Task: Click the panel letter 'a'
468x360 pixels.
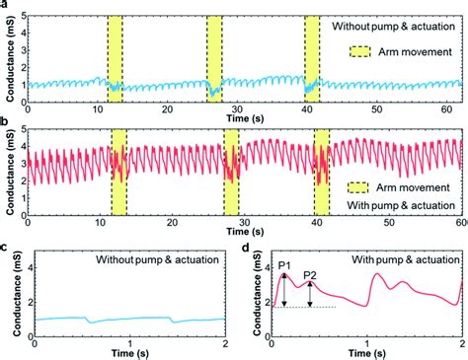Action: point(5,6)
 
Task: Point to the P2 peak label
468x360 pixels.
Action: point(310,275)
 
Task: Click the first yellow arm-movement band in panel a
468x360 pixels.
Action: point(116,57)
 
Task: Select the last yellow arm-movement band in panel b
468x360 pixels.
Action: point(321,171)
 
